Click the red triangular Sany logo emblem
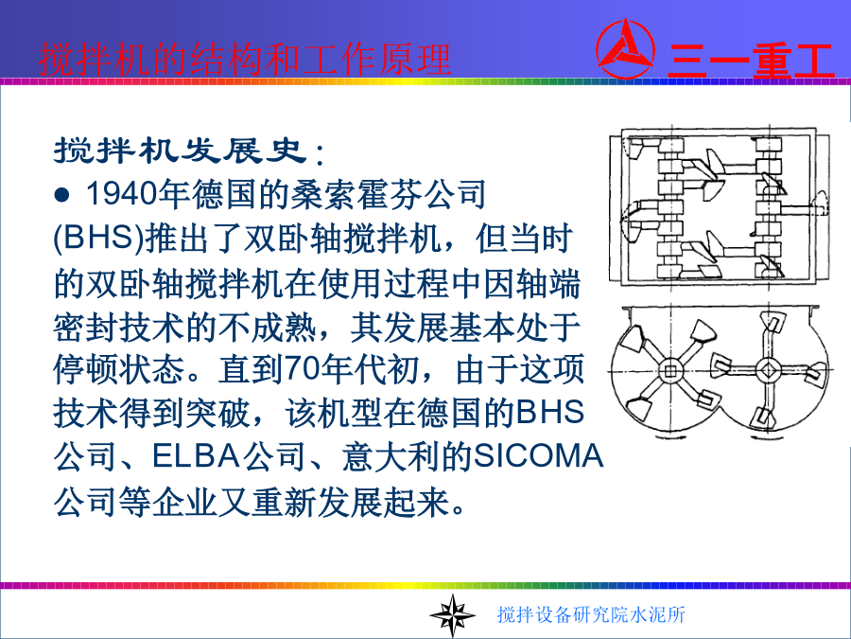tap(625, 49)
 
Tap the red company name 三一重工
tap(751, 61)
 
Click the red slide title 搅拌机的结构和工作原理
tap(245, 60)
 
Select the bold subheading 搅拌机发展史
tap(181, 150)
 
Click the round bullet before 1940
tap(62, 195)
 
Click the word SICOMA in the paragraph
tap(538, 456)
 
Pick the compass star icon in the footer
tap(452, 615)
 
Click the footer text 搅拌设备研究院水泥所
tap(591, 614)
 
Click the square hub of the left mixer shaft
tap(670, 371)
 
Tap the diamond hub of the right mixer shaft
tap(768, 370)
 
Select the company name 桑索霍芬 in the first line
tap(356, 194)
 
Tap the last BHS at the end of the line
tap(550, 413)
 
